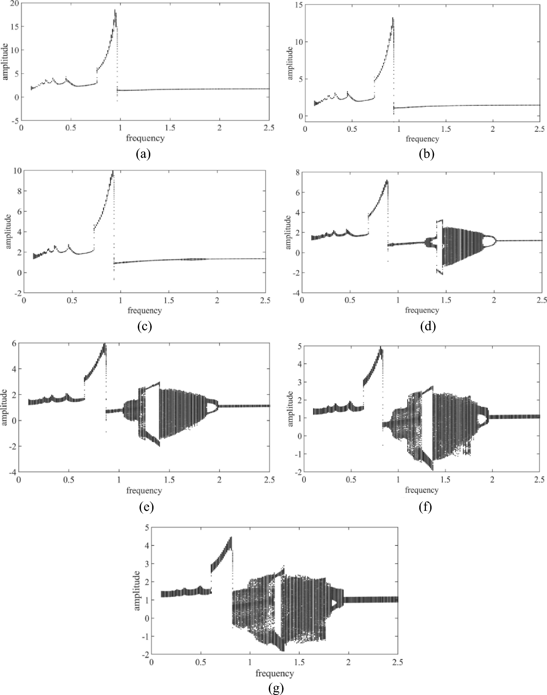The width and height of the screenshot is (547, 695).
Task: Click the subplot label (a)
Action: coord(143,155)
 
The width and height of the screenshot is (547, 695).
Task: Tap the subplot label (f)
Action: coord(425,507)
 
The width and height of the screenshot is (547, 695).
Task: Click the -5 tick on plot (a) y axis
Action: coord(14,121)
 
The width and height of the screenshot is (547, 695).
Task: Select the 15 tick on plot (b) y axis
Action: coord(299,5)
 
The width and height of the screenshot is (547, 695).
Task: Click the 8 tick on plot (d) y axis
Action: coord(297,173)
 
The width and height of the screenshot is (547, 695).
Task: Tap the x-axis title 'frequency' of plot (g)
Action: coord(275,673)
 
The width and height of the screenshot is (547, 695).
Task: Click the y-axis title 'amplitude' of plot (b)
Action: coord(290,63)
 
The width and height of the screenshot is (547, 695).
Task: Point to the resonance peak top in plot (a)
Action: coord(115,10)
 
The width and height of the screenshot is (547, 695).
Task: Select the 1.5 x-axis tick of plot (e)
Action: coord(169,480)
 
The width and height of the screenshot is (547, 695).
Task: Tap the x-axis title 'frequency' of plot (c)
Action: coord(144,310)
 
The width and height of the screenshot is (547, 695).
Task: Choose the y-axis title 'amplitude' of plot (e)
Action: coord(4,407)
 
